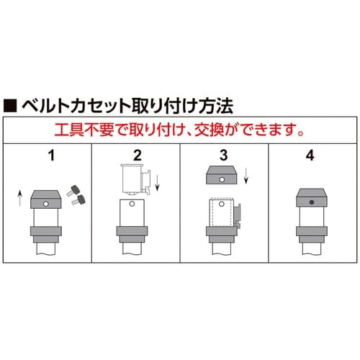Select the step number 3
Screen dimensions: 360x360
coord(223,154)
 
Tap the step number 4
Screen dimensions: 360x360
coord(312,154)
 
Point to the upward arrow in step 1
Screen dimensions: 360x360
coord(19,195)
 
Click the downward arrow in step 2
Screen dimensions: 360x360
coord(158,181)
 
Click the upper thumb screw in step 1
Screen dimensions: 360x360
coord(73,189)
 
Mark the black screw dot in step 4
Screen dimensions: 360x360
coord(312,203)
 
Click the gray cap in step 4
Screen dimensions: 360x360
coord(312,199)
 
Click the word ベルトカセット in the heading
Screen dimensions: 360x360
coord(68,106)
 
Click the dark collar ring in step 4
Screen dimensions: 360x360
coord(312,234)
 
